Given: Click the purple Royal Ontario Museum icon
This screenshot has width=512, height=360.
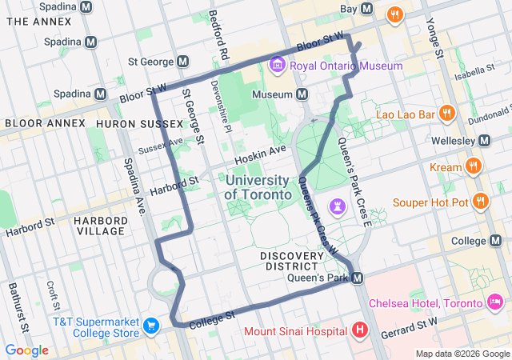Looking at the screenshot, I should pos(277,63).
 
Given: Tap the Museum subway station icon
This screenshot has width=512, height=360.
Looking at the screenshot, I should pos(302,94).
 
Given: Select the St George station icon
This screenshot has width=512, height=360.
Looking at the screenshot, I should pos(183,62).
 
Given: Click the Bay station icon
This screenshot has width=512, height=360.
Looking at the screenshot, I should pos(367,9).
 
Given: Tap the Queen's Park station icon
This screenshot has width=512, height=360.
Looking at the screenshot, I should pos(358,278).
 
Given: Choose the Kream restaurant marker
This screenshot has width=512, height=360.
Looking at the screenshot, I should pos(474,167).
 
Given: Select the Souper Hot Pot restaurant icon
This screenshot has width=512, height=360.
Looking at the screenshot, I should pos(481,202).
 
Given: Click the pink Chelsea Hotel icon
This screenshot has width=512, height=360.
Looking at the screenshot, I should pos(495,302).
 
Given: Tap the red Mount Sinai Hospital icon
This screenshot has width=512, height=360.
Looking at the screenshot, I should pos(360,330).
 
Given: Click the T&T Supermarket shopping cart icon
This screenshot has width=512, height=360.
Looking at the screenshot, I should pos(151,326).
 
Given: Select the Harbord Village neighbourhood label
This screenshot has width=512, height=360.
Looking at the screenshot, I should pos(99,225).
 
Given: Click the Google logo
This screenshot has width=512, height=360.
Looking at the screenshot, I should pos(26,350).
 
